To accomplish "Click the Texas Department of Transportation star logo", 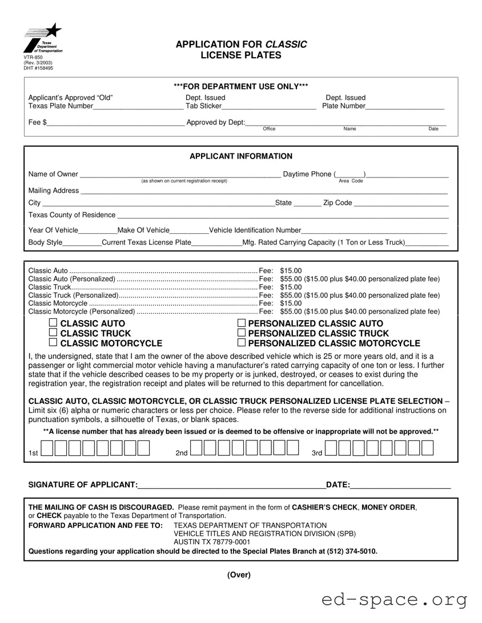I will (43, 38).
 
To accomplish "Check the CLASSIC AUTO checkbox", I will (53, 323).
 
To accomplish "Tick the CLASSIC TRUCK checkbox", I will (53, 333).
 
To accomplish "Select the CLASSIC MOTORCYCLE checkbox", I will (53, 343).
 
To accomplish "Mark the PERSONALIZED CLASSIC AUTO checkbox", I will (241, 323).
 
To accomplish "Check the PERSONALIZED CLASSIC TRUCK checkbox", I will (241, 333).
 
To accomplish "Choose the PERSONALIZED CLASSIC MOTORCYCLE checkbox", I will (241, 343).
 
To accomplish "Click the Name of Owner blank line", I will (180, 175).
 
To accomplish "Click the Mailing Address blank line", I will (263, 192).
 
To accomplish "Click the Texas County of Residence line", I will (282, 216).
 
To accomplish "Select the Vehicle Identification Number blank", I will (373, 231).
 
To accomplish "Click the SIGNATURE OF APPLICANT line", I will (231, 486).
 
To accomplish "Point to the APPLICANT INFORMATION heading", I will (240, 156).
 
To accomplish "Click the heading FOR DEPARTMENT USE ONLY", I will (240, 86).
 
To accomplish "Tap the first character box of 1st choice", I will (48, 448).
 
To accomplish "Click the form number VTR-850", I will (33, 58).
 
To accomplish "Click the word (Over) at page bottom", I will (239, 575).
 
